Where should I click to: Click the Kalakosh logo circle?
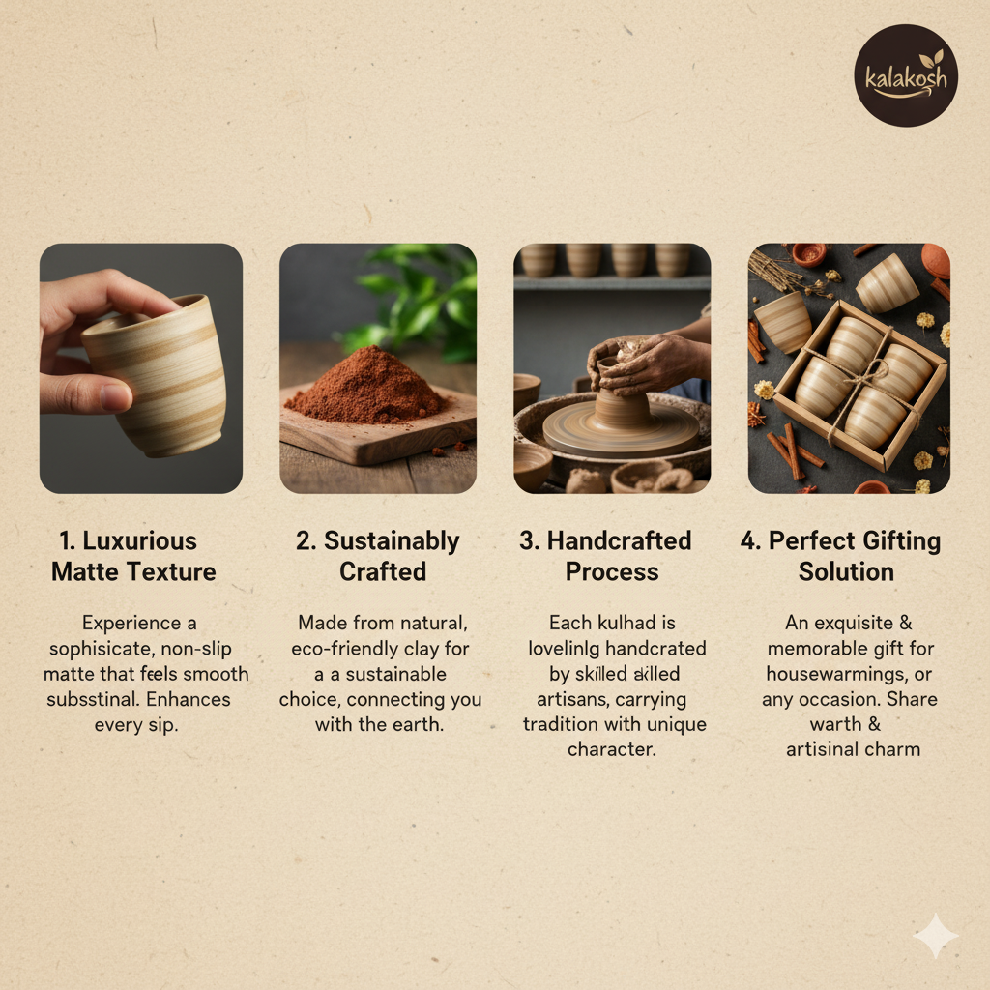point(906,75)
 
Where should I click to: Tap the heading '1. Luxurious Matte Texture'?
point(133,556)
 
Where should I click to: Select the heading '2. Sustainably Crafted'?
point(378,556)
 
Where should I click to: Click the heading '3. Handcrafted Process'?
point(605,556)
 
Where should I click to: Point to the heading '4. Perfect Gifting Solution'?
point(841,556)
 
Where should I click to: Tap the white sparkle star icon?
point(936,936)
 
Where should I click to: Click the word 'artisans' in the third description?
point(568,700)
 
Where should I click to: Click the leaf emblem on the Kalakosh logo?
point(931,59)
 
